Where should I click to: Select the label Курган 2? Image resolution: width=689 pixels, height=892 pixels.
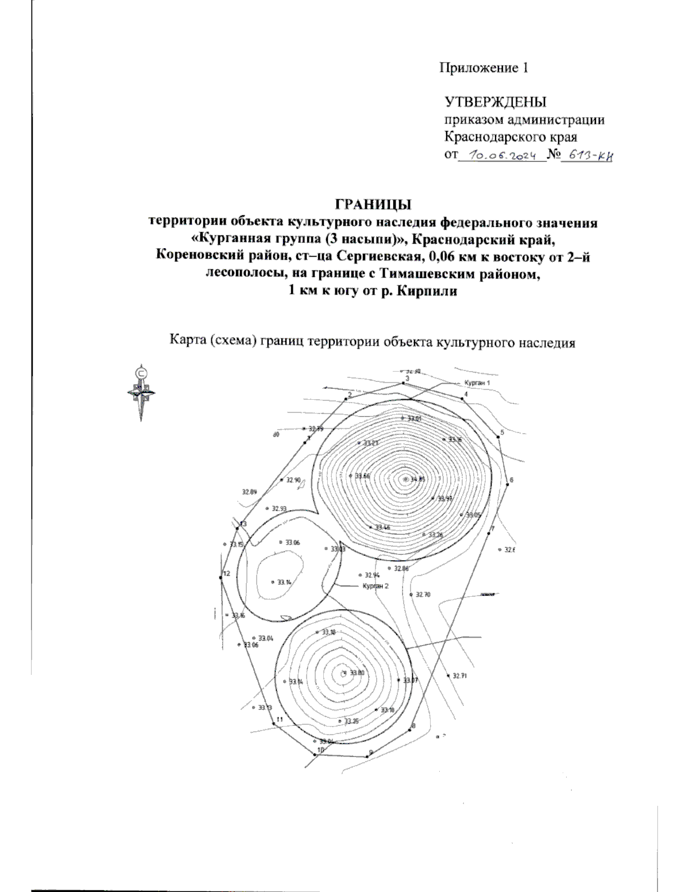376,586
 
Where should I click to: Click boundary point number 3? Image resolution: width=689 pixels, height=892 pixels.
404,384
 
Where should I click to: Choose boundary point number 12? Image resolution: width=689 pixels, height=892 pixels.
220,577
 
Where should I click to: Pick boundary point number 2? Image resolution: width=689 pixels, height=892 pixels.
346,398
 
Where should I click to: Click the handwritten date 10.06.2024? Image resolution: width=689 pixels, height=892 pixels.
502,155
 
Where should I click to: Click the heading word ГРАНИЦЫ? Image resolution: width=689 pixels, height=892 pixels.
373,204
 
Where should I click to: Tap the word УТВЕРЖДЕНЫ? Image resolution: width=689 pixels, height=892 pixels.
496,102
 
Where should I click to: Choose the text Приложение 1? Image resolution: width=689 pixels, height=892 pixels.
483,68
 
